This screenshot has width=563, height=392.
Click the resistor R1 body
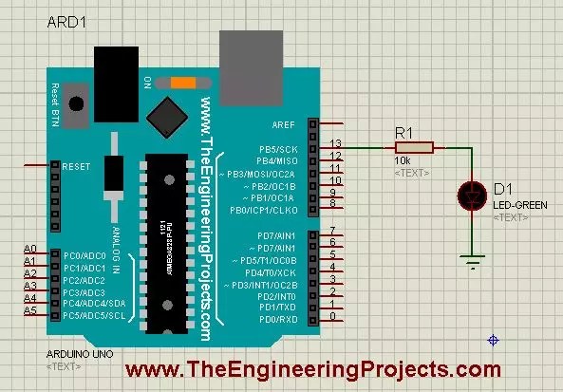414,147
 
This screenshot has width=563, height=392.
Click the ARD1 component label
69,22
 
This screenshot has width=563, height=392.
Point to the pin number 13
335,143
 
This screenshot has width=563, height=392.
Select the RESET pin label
76,166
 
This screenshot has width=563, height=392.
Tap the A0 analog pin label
29,248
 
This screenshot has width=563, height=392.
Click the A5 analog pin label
29,310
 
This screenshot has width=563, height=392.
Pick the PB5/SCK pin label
278,149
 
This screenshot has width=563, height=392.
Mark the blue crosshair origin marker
493,341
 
